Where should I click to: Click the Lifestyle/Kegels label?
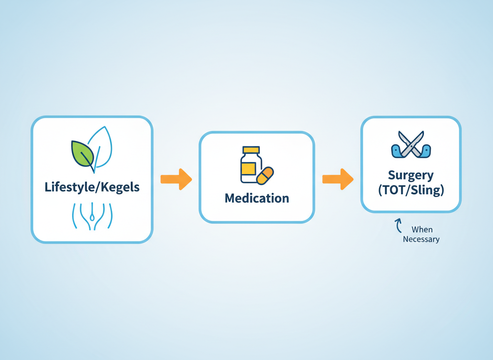[92, 187]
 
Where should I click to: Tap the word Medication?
[256, 198]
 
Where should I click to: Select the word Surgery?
[411, 175]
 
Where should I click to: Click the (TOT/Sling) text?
[411, 190]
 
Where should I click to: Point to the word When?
[422, 230]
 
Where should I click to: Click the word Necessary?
[421, 239]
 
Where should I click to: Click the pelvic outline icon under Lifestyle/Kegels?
[92, 216]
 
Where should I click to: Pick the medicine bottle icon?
[251, 165]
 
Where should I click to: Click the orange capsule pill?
[265, 175]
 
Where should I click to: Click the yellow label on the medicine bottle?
[249, 168]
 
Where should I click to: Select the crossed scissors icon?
[411, 144]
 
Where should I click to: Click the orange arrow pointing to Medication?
[176, 179]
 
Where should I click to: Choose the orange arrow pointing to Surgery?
[338, 179]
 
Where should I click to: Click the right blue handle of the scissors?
[425, 151]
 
